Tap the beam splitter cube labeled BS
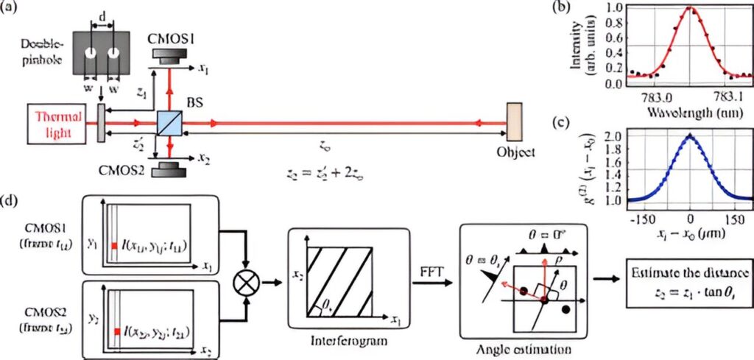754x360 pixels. click(x=169, y=120)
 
